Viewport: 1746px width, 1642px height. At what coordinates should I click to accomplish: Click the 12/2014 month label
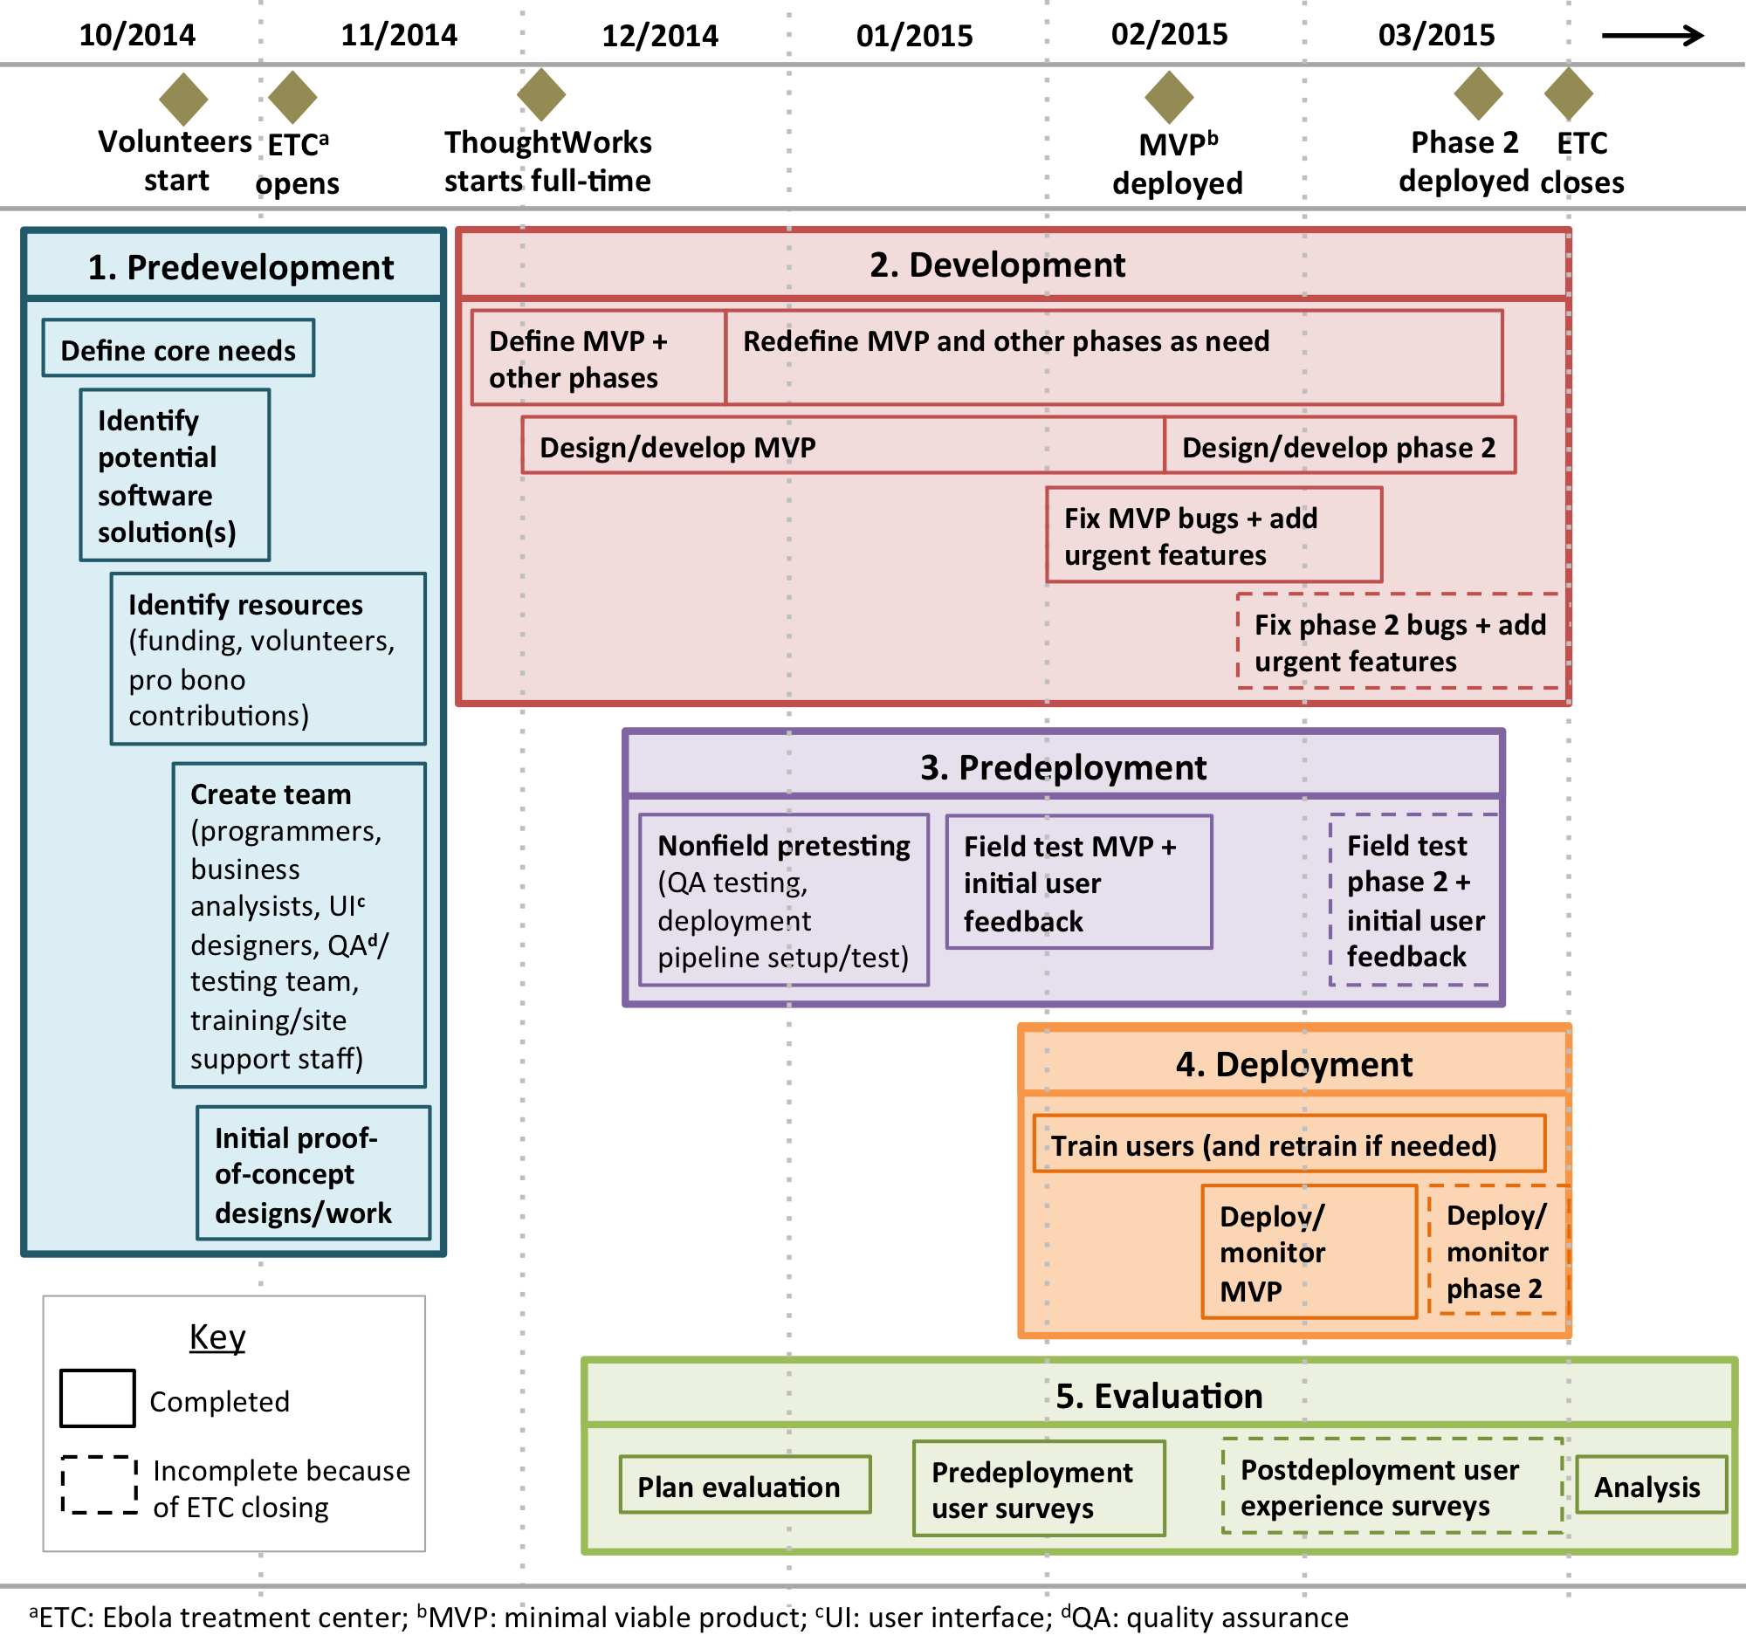[660, 36]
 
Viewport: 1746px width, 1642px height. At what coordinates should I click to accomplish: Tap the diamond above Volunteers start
[182, 98]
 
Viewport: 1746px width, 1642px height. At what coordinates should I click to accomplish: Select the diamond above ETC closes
[1568, 93]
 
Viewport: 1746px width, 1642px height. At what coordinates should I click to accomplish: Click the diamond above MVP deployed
[1169, 96]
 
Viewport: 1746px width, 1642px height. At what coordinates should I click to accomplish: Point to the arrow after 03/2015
[1652, 36]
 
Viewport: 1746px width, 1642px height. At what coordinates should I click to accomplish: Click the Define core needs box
[178, 348]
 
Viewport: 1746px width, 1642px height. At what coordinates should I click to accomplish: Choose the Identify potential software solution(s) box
[175, 475]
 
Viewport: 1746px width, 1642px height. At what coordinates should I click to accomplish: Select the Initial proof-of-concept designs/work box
[313, 1173]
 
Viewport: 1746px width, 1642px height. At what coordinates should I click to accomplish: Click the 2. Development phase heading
[997, 265]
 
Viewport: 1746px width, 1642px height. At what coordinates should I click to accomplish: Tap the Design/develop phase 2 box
[1339, 446]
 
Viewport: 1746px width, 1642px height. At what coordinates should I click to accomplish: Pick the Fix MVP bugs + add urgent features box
[1213, 535]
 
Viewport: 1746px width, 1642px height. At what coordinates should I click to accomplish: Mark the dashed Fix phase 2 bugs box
[1400, 641]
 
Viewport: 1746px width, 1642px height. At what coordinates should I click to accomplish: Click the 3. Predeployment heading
[1062, 766]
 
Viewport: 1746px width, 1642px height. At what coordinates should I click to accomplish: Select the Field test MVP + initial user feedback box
[1078, 882]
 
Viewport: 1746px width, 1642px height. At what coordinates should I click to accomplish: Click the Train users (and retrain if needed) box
[1289, 1144]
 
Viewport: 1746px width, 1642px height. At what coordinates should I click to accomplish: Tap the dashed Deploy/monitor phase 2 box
[1496, 1250]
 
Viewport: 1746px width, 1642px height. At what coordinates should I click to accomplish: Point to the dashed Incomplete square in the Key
[99, 1485]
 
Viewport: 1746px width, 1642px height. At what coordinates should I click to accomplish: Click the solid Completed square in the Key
[98, 1398]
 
